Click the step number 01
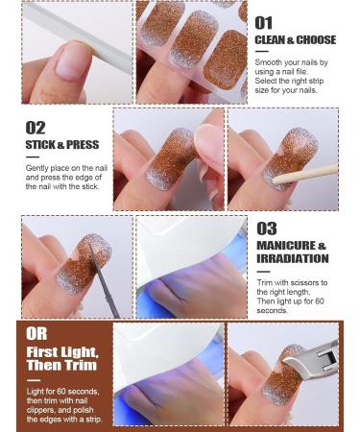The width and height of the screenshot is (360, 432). (264, 21)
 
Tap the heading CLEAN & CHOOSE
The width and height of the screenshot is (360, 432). (295, 40)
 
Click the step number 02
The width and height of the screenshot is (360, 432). (36, 128)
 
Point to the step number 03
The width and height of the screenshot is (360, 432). (266, 228)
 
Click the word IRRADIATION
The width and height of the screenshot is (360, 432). (292, 258)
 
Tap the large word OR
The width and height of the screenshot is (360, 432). (36, 333)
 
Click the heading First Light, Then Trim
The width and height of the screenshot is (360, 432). (61, 360)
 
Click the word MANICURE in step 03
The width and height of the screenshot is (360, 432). (286, 246)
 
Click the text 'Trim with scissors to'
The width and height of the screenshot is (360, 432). (292, 283)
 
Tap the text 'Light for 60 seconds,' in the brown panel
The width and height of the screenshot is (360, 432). (62, 392)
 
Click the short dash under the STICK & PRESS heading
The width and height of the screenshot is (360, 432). (32, 156)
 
